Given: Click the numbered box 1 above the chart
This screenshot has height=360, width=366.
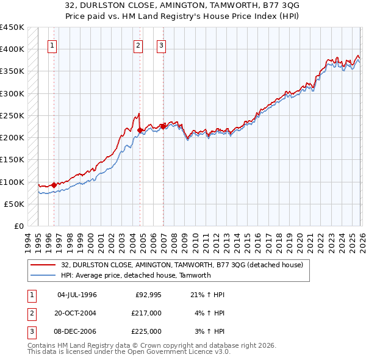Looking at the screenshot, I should pos(52,45).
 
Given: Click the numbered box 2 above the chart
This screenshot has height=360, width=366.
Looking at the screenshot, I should pos(138,45).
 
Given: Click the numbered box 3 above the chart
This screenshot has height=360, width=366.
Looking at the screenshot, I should pos(162,45).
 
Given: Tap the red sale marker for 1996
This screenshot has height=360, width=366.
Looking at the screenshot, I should pos(54,185).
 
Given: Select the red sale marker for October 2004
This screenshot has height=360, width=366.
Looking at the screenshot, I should pos(140,130).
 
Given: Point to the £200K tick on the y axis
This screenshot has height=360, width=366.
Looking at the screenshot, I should pos(12,138).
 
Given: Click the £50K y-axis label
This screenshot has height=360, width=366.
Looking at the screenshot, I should pos(15,204).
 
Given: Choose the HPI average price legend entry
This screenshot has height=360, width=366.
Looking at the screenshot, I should pos(135,275).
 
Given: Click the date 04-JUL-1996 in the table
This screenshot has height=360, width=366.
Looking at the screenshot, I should pos(77,295).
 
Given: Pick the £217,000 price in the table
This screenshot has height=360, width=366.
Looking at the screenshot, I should pos(146,313).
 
